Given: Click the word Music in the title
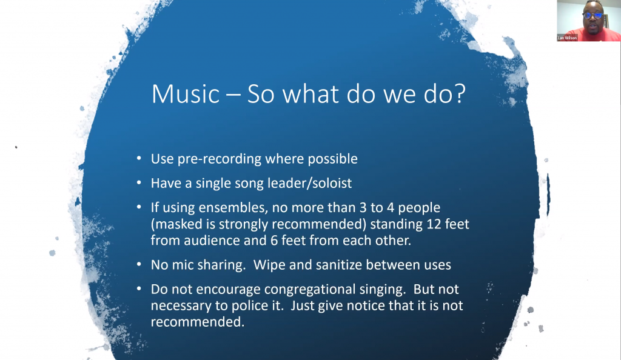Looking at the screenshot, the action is [x=186, y=94].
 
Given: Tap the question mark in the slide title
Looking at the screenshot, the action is [x=460, y=94].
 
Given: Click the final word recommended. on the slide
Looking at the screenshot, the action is [x=198, y=322].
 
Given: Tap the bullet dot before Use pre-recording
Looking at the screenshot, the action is [x=139, y=159].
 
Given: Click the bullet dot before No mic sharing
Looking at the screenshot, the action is [x=139, y=264].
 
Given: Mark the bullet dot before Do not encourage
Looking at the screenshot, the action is [x=139, y=289].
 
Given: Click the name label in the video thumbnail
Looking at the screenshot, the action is [x=567, y=38].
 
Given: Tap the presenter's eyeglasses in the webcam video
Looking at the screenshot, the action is [x=593, y=15].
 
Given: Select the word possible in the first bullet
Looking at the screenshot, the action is [x=333, y=159].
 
